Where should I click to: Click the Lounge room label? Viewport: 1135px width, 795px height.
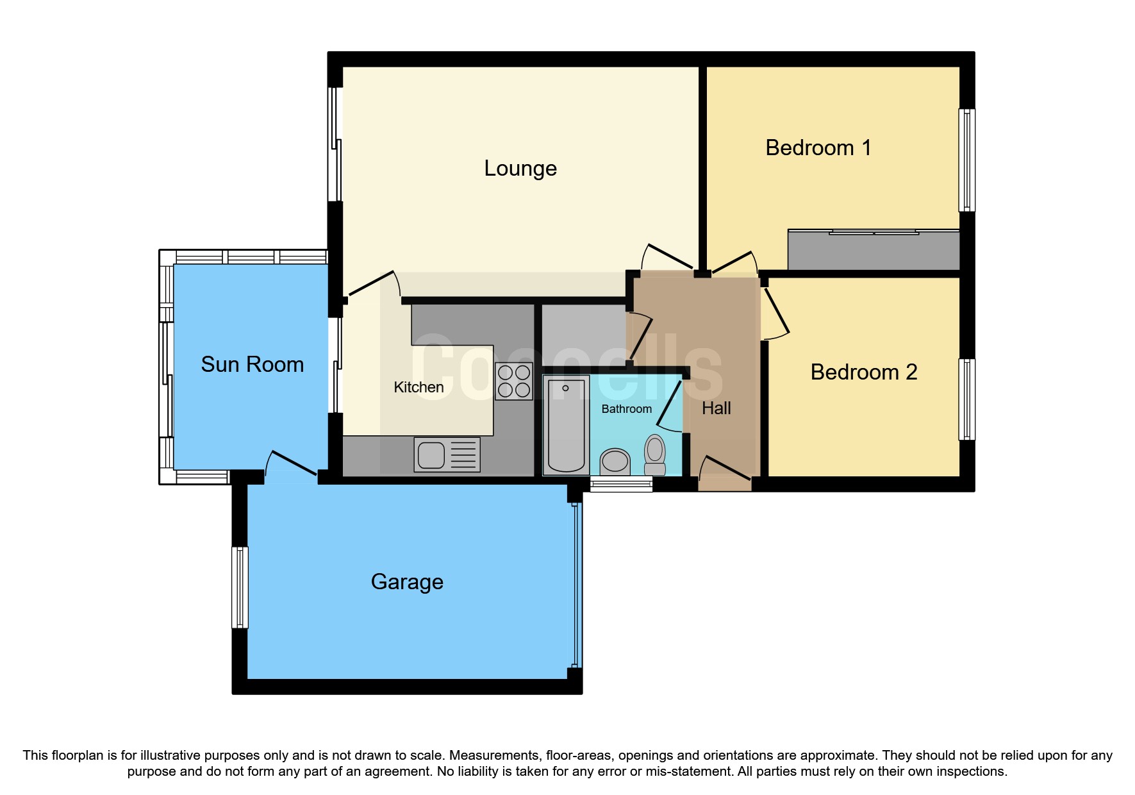(520, 169)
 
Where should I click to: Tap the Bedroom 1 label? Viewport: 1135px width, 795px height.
(818, 148)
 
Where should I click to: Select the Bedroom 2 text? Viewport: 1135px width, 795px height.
(863, 372)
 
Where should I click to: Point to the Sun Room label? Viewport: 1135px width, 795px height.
(252, 365)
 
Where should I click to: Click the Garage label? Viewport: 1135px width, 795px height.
(407, 582)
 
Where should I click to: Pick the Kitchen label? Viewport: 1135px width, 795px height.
(418, 387)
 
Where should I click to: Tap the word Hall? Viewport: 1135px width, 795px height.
(716, 408)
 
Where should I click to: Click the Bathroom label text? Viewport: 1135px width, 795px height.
(626, 409)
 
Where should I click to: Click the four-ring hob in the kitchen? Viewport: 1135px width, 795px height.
(514, 381)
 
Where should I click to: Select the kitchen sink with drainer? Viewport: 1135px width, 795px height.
(447, 455)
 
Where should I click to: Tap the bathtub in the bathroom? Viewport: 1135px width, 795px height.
(566, 424)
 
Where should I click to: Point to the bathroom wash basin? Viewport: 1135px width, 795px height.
(615, 460)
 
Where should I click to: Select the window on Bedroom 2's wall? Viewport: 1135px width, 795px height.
(966, 399)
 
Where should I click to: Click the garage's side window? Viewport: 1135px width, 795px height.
(240, 587)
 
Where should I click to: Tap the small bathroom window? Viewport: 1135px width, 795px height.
(620, 485)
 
